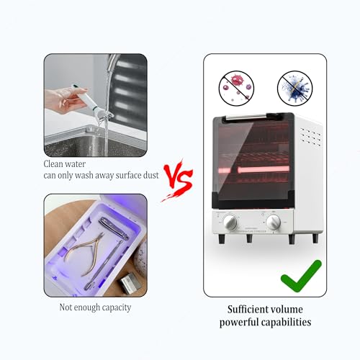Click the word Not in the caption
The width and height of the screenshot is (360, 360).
pos(66,307)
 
